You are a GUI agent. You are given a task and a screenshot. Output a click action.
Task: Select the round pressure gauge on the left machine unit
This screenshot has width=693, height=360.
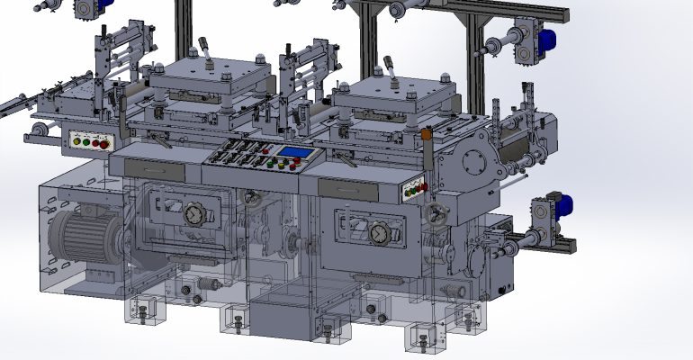pos(193,215)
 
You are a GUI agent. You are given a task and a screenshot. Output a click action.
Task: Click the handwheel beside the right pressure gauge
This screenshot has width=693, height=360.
pos(439,215)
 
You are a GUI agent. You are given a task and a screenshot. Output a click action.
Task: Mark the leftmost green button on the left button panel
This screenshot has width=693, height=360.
pos(76,140)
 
